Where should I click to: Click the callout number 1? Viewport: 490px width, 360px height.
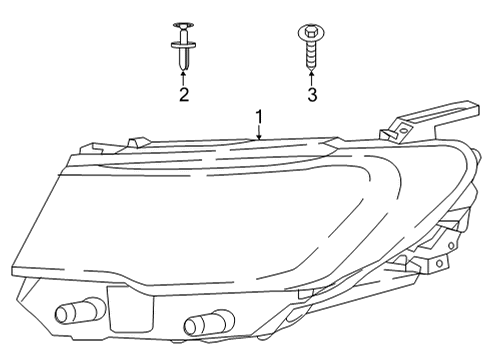click(x=259, y=118)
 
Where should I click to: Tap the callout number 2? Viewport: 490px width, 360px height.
click(x=183, y=94)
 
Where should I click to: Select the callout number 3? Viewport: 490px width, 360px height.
click(x=312, y=94)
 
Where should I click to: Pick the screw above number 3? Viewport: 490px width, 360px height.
click(x=311, y=45)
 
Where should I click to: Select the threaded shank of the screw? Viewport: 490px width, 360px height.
click(x=311, y=52)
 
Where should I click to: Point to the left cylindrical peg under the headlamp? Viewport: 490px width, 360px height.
click(x=76, y=314)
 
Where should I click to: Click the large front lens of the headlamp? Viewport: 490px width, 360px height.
click(x=150, y=215)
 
